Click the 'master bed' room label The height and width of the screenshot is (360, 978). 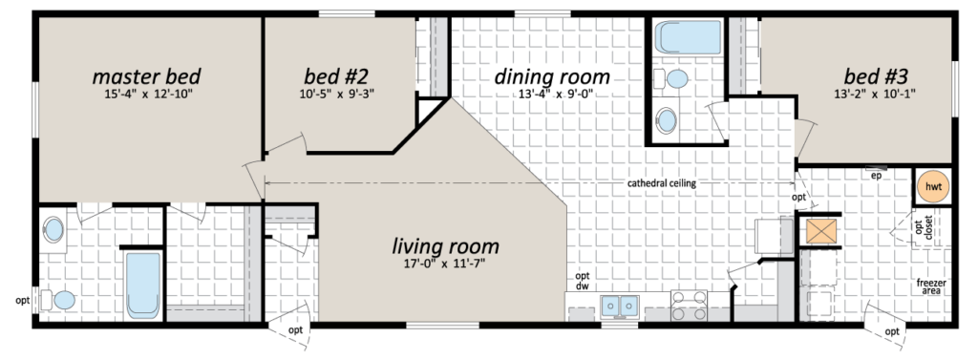(146, 76)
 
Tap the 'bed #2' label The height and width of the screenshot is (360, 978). (336, 76)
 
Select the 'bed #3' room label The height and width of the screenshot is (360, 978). (876, 76)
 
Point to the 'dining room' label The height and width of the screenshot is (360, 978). (552, 76)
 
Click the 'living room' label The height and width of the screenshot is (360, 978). (445, 245)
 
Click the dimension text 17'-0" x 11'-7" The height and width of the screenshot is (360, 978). (444, 264)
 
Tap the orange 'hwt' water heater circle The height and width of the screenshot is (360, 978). (933, 186)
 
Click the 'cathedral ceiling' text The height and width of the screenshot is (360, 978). (661, 183)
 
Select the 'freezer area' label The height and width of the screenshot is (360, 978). (931, 287)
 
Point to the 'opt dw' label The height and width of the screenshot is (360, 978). (583, 282)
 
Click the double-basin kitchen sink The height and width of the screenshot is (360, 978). (620, 306)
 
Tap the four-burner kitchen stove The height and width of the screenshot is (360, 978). (690, 306)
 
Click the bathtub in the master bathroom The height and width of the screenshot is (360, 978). (143, 286)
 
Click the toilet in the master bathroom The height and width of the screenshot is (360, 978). (58, 301)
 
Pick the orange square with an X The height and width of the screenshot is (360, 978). (819, 231)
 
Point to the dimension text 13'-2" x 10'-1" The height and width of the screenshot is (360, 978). (876, 95)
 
